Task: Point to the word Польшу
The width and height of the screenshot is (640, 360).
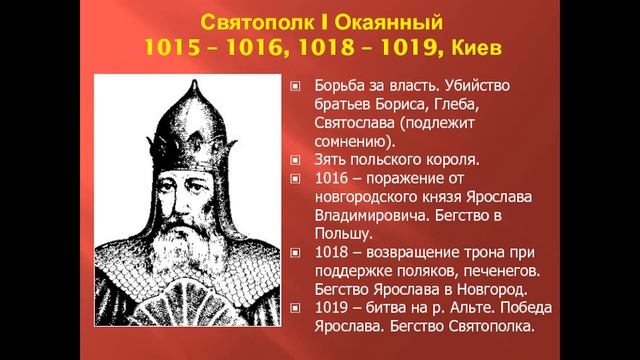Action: [x=343, y=235]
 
